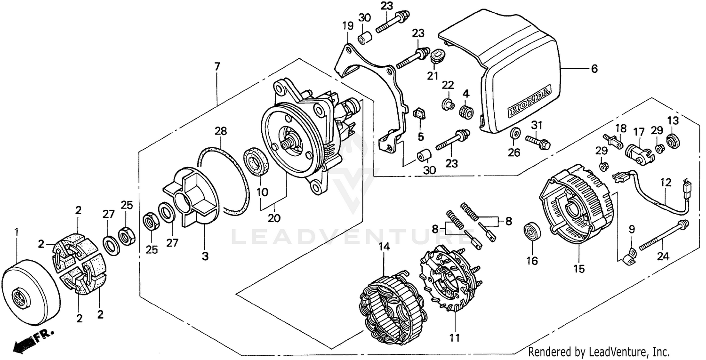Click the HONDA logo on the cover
click(529, 101)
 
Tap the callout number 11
click(455, 337)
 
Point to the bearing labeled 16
click(532, 232)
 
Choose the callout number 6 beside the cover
click(594, 69)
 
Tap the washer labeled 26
click(515, 133)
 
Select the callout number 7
click(217, 66)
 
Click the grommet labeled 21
click(437, 56)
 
